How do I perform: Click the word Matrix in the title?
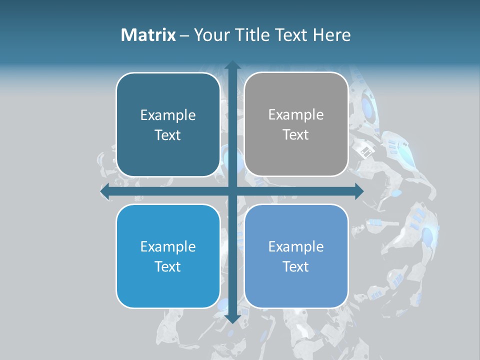point(148,35)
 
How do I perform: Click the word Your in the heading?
point(209,35)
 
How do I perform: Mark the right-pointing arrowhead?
point(359,191)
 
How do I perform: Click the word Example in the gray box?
point(296,114)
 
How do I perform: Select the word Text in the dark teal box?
point(167,135)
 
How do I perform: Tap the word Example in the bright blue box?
point(168,246)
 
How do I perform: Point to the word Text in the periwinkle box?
point(296,266)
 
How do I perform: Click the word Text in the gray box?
point(296,134)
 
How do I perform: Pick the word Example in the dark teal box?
point(168,115)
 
